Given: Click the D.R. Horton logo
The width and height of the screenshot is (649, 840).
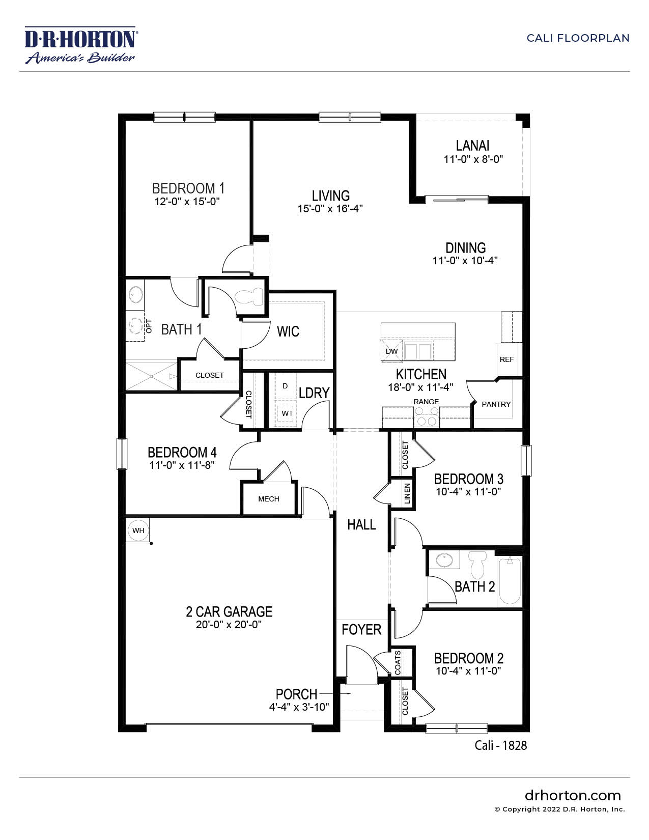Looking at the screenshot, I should pyautogui.click(x=80, y=45).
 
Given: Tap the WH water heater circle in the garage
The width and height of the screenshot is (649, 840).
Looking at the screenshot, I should pyautogui.click(x=138, y=530).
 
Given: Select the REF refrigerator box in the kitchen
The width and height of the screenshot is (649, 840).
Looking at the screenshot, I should pyautogui.click(x=506, y=359).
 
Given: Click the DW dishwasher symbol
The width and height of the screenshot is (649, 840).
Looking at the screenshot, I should pyautogui.click(x=391, y=351).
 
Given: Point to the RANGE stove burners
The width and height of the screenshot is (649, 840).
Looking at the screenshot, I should pyautogui.click(x=427, y=416).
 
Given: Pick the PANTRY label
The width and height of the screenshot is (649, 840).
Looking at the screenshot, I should pyautogui.click(x=496, y=404).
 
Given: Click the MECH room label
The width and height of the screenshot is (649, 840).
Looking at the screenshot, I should pyautogui.click(x=268, y=499).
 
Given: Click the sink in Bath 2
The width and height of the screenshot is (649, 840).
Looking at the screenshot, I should pyautogui.click(x=444, y=561).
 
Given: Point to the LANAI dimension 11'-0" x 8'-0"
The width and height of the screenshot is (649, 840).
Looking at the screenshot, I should pyautogui.click(x=473, y=159).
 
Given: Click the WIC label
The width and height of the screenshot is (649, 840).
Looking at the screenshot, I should pyautogui.click(x=288, y=331).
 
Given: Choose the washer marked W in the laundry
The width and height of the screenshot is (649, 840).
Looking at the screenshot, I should pyautogui.click(x=285, y=413).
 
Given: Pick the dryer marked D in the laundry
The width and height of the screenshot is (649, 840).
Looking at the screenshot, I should pyautogui.click(x=285, y=386).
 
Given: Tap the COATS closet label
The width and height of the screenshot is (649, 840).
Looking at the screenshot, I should pyautogui.click(x=398, y=662).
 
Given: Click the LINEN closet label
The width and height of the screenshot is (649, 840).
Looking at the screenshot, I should pyautogui.click(x=407, y=493).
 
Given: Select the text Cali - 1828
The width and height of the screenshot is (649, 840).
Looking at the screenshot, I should pyautogui.click(x=500, y=745).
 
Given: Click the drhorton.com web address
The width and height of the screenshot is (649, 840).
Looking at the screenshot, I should pyautogui.click(x=573, y=795).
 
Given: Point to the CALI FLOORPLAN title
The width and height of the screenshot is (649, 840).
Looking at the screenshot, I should pyautogui.click(x=578, y=38).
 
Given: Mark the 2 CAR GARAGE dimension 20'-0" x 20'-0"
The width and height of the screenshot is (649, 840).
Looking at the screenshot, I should pyautogui.click(x=229, y=625).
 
